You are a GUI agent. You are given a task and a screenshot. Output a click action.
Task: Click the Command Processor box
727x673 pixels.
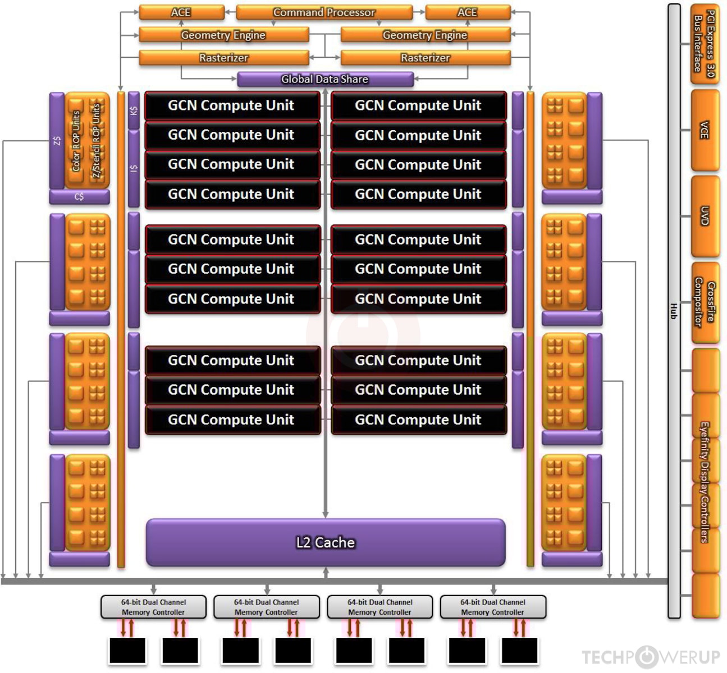(x=324, y=12)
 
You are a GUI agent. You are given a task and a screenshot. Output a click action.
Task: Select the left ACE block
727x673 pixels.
(x=181, y=12)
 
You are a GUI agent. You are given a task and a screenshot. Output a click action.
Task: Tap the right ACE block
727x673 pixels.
(x=467, y=12)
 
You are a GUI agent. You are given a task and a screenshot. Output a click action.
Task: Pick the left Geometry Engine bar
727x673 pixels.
(x=223, y=35)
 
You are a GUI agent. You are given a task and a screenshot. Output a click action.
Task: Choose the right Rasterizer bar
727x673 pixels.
(x=425, y=58)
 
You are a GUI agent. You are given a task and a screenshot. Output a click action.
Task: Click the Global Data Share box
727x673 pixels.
(x=325, y=79)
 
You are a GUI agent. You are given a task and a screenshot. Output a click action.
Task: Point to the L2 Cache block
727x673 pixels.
(x=326, y=542)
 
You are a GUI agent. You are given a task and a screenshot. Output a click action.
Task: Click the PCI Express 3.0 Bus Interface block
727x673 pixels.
(x=705, y=44)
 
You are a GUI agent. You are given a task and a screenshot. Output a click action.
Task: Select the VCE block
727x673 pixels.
(x=705, y=130)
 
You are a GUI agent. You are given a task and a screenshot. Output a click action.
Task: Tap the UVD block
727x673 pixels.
(x=705, y=216)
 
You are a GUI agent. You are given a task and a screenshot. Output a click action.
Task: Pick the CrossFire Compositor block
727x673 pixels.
(x=705, y=303)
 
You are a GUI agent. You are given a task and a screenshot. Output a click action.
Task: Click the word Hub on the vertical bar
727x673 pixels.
(x=674, y=311)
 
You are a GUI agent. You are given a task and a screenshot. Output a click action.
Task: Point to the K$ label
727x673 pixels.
(x=134, y=110)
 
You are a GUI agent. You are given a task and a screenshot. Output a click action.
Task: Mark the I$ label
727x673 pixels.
(x=134, y=168)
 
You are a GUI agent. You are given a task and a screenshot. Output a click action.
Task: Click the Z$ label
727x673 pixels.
(x=57, y=141)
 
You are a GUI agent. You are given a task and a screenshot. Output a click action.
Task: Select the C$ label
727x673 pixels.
(x=79, y=197)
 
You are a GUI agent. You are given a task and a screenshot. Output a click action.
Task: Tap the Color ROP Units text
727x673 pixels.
(x=76, y=141)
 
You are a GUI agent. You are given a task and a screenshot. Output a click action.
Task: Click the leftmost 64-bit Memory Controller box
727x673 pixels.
(x=153, y=607)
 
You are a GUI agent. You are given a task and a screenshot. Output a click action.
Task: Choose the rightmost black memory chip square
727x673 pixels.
(x=519, y=651)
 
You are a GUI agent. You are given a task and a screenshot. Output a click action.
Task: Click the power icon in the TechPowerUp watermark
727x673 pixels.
(x=647, y=657)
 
